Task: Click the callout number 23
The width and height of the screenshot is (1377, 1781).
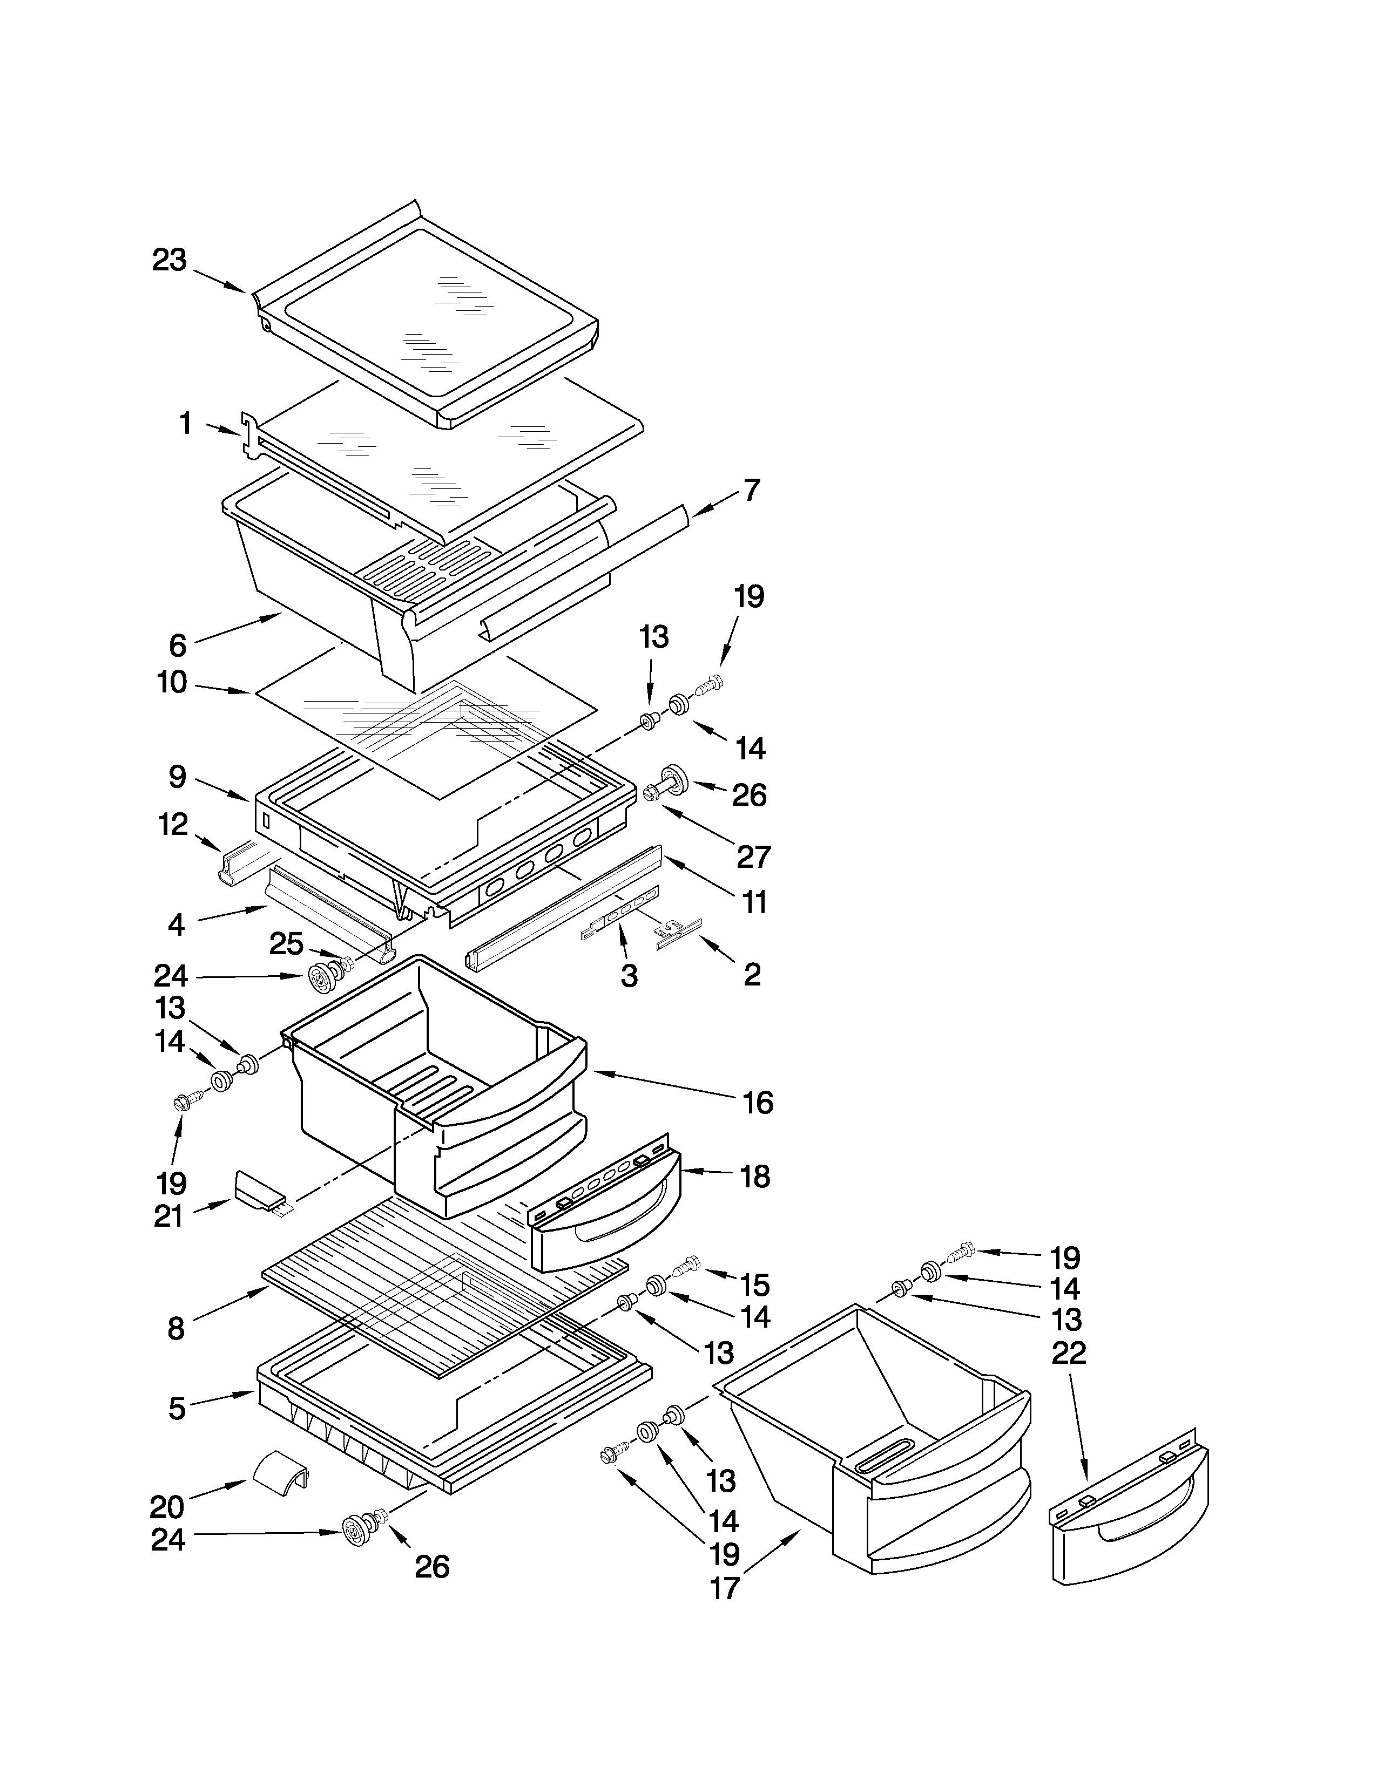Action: [170, 260]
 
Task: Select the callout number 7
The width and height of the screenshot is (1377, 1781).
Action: [751, 490]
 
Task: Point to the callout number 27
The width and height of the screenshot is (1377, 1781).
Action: [753, 856]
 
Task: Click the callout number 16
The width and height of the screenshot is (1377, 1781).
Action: [757, 1103]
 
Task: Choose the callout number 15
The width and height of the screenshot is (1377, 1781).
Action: [754, 1284]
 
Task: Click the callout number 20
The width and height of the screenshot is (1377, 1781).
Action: [168, 1506]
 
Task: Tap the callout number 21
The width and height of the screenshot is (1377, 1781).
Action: [169, 1216]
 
